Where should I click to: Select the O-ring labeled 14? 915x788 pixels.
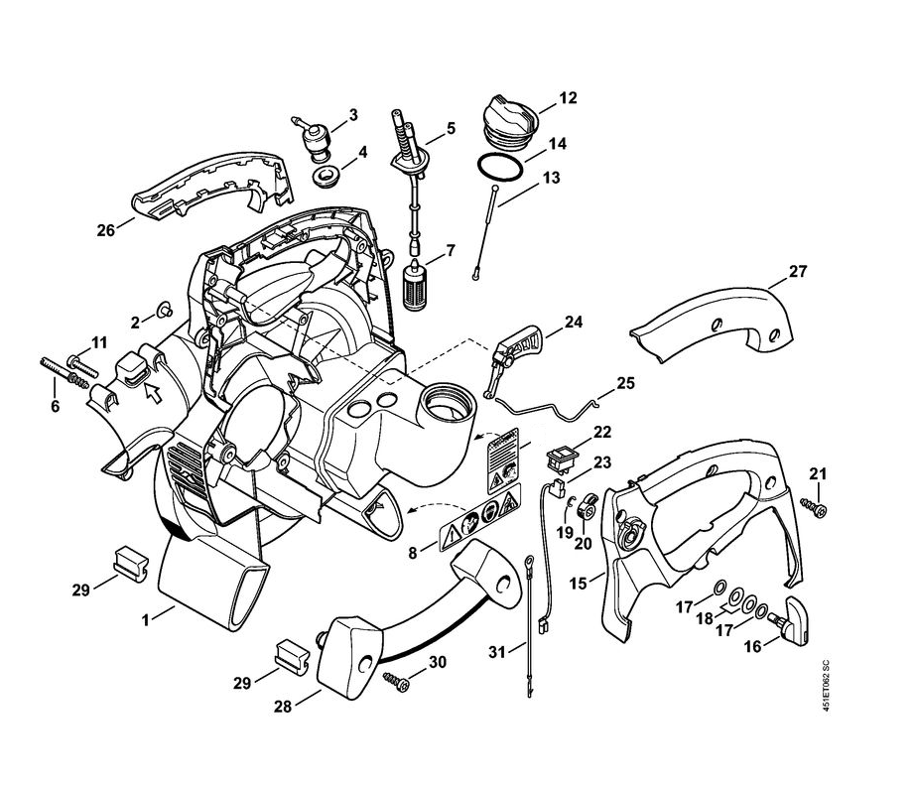click(499, 166)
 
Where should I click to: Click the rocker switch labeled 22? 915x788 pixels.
click(325, 180)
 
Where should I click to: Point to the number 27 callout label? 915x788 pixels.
click(798, 271)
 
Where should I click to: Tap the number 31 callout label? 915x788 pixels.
click(497, 651)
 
